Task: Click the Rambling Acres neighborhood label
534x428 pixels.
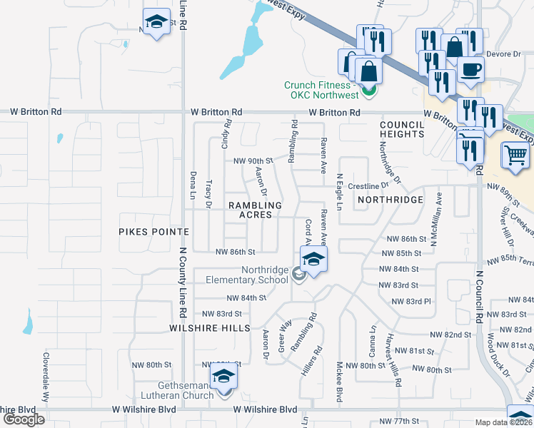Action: coord(255,210)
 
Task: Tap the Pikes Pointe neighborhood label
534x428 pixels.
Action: coord(153,232)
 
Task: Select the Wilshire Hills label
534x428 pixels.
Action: coord(210,327)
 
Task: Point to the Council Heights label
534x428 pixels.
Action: coord(402,129)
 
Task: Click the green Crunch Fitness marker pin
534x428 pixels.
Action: coord(369,91)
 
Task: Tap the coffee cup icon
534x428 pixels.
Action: coord(470,69)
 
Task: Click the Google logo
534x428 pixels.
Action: coord(24,419)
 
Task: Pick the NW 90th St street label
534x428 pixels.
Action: coord(254,160)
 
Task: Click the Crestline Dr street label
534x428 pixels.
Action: coord(367,185)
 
